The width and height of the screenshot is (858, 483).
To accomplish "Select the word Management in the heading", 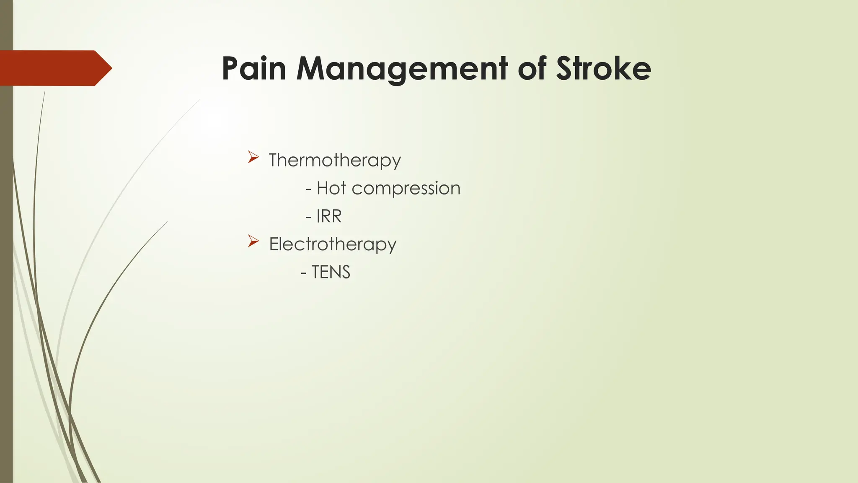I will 402,69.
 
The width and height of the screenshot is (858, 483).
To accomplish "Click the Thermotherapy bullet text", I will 335,161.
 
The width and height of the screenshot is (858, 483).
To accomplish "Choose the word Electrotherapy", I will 333,244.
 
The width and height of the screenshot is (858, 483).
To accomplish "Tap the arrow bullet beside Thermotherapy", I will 253,157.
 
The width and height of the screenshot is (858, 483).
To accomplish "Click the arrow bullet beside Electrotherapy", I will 253,241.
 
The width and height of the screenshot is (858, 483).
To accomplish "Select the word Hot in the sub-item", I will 331,188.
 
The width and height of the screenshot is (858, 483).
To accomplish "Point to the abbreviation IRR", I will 329,216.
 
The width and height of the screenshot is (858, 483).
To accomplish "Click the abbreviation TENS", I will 331,272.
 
